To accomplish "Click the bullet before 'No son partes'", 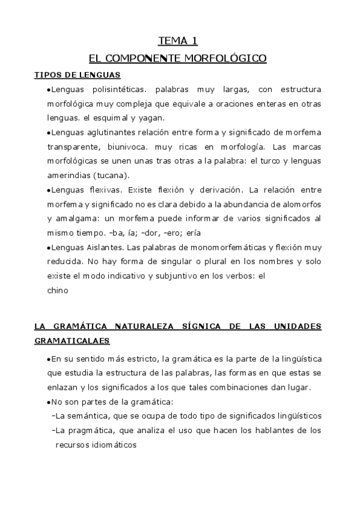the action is tap(48, 402).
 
